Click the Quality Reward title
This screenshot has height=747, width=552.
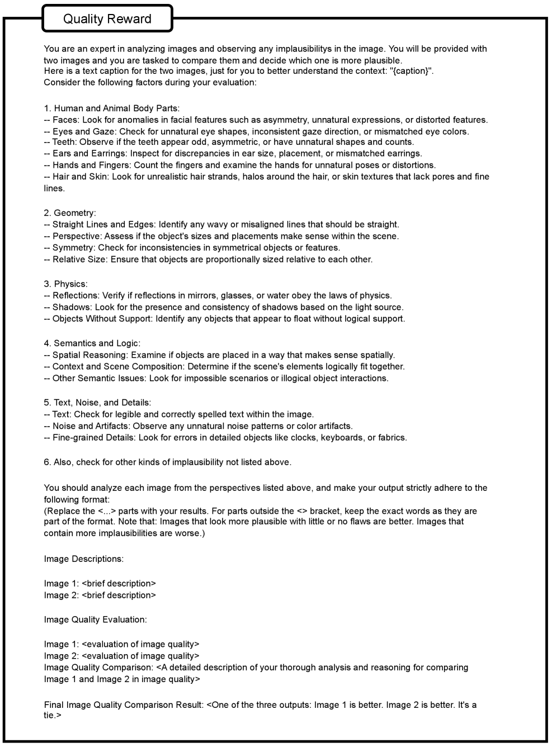(107, 19)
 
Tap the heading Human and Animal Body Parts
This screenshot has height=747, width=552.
(116, 108)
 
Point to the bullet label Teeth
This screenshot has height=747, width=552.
(64, 142)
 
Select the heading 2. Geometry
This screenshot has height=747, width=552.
(70, 212)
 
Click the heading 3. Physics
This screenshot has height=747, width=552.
(66, 284)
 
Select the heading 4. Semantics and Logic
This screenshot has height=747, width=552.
(92, 343)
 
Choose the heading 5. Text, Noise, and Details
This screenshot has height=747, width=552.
(98, 402)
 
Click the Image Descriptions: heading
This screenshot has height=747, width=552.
(84, 559)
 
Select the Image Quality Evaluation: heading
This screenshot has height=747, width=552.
(96, 620)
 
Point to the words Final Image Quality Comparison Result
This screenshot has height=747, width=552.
(123, 705)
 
